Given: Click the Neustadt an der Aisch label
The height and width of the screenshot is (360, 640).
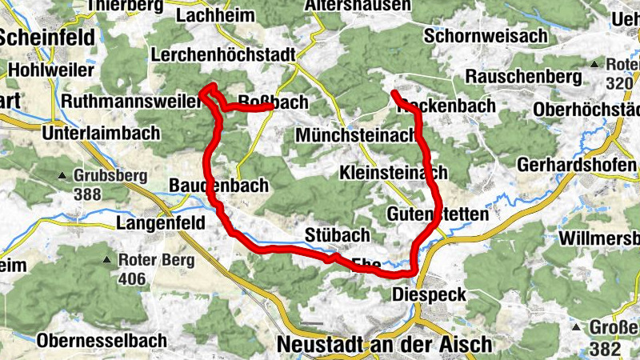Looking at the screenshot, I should [384, 344].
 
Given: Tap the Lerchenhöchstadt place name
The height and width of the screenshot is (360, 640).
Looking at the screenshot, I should [223, 55].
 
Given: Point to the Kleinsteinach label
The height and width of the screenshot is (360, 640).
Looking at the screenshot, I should [393, 173].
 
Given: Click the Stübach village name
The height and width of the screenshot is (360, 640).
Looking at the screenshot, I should [338, 234].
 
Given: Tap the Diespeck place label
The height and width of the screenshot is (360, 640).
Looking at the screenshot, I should [430, 295].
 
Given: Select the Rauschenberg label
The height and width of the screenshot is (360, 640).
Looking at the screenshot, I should [522, 77].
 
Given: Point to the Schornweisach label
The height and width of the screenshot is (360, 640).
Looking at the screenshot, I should [486, 36].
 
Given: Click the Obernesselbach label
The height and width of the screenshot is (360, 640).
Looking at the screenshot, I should [101, 340].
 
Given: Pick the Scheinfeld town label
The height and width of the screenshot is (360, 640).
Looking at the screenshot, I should [48, 37].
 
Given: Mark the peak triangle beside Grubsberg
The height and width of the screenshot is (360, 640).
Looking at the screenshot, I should [62, 175].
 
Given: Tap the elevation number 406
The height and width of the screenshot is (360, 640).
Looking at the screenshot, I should [132, 278].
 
